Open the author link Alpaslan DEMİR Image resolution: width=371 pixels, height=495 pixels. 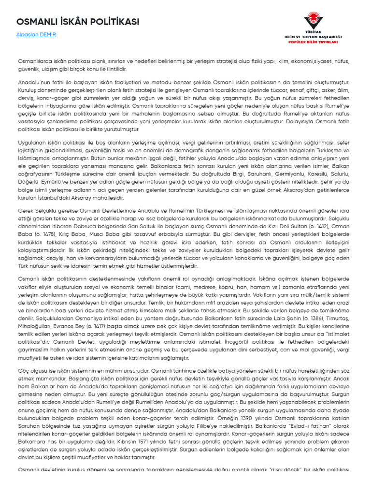(36, 35)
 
